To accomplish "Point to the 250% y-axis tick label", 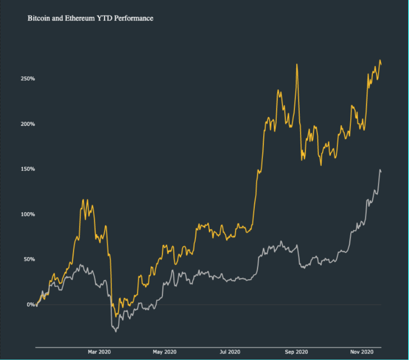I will coord(27,79).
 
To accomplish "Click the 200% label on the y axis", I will coord(27,124).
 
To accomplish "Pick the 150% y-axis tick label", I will coord(27,169).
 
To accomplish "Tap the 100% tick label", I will coord(27,214).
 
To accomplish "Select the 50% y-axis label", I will coord(29,259).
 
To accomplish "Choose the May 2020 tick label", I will coord(165,352).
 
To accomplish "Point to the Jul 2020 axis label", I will coord(230,352).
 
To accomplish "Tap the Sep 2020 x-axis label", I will coord(296,352).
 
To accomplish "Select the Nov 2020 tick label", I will coord(362,352).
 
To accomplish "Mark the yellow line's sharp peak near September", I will coord(297,64).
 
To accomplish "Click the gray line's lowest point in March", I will coord(116,332).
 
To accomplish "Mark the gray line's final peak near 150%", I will coord(380,170).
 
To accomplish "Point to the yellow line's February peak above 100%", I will coord(83,200).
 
